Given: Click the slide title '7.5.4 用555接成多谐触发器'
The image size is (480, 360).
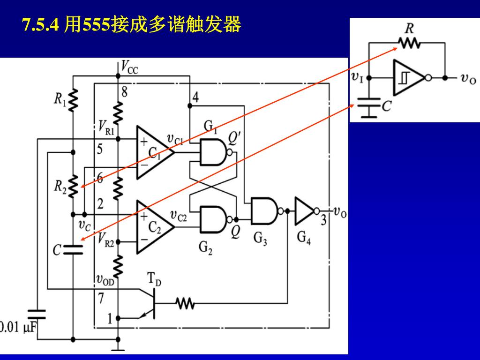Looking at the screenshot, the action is [x=132, y=24].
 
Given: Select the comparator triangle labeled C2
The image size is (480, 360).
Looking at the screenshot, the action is [x=155, y=227].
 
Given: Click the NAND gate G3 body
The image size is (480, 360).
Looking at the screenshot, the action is [x=264, y=211].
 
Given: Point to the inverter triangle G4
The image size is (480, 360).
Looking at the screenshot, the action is [x=305, y=211].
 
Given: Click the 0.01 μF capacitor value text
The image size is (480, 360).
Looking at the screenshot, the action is [x=18, y=327].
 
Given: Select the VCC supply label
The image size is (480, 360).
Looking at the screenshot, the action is [x=130, y=67].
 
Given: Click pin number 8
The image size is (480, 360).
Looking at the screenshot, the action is [x=125, y=91].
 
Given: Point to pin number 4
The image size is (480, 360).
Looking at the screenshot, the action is [x=196, y=97].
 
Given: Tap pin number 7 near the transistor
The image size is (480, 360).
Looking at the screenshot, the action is [x=101, y=298].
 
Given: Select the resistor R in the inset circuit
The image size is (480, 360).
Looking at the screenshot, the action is [x=409, y=43].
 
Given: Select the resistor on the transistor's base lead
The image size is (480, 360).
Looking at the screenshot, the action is [x=185, y=303].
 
